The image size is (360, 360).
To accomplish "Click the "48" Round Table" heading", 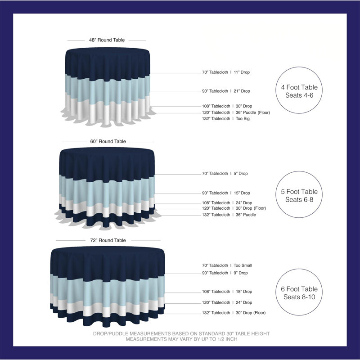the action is click(x=107, y=40).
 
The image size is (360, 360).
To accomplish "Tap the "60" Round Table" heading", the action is click(x=108, y=141).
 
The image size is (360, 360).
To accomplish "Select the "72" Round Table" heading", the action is click(x=108, y=240).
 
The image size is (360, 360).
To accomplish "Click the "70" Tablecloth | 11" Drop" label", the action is click(x=226, y=72).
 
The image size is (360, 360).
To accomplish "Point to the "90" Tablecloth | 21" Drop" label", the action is click(x=226, y=91).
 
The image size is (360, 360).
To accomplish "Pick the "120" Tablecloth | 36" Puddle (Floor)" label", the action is click(x=236, y=112).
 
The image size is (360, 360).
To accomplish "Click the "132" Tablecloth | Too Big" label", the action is click(x=226, y=119).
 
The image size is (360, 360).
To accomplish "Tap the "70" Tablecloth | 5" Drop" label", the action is click(x=225, y=174).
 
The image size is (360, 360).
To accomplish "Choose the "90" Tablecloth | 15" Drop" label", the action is click(x=226, y=193).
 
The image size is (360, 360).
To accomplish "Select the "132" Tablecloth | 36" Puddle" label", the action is click(x=229, y=215).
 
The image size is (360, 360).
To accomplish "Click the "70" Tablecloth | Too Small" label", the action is click(x=227, y=265).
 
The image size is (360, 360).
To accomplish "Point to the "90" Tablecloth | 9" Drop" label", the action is click(x=225, y=273).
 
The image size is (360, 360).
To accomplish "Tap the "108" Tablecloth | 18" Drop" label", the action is click(x=227, y=292).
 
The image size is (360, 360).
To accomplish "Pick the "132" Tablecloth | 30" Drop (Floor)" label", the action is click(x=234, y=313).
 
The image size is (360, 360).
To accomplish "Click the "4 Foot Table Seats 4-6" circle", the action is click(x=299, y=67).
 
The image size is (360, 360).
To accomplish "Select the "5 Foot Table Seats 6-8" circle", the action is click(x=299, y=171).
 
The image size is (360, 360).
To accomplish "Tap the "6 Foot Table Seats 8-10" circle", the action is click(x=299, y=269).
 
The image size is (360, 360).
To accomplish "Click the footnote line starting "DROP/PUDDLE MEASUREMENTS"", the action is click(x=181, y=333).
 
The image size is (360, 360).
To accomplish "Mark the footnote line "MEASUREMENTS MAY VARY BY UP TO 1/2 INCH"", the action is click(x=181, y=339).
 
